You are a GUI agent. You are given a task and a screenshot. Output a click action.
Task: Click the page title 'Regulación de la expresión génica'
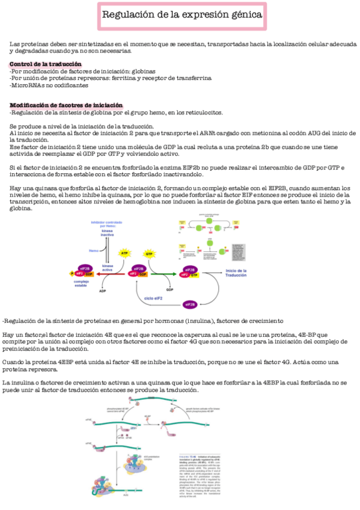click(181, 14)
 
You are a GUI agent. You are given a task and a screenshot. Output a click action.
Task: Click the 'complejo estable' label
click(82, 283)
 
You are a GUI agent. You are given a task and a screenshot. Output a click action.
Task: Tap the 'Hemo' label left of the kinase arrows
click(94, 250)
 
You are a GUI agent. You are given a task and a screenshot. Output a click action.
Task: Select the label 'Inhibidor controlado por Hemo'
click(106, 224)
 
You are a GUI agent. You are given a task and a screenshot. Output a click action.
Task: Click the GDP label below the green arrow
click(169, 289)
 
